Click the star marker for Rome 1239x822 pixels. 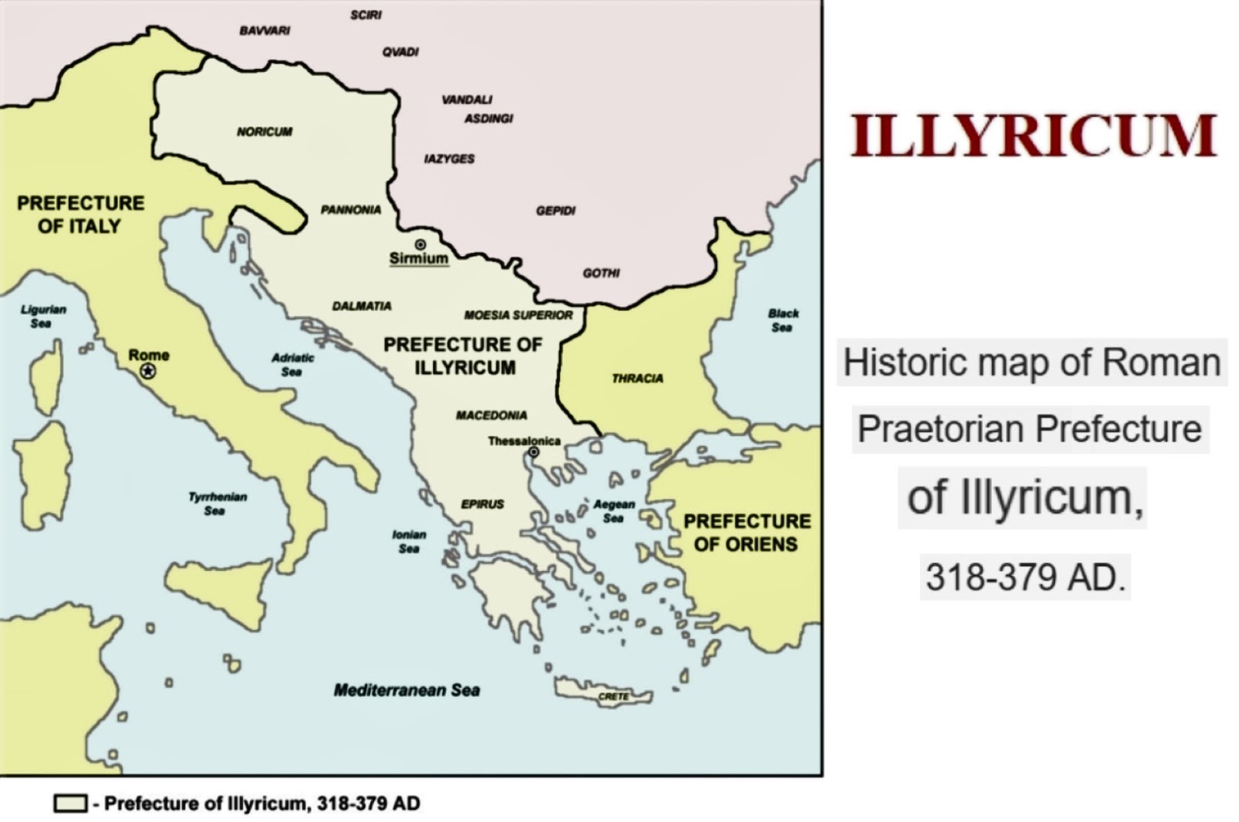[147, 371]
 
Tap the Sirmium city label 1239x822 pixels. [418, 258]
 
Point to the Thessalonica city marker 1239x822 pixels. [534, 452]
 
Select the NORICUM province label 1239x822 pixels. [265, 132]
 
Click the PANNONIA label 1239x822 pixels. [351, 210]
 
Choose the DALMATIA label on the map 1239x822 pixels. [362, 306]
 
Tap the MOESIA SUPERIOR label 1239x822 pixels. [518, 315]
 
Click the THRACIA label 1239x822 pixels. [637, 379]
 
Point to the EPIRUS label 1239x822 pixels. [482, 504]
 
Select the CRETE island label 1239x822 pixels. [613, 696]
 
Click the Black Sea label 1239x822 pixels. [783, 320]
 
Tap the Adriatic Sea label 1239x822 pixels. [292, 365]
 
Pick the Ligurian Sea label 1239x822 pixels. [43, 316]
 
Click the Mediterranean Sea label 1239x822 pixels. [407, 690]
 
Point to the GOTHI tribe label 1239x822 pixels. [601, 273]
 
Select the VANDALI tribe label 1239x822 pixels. [467, 100]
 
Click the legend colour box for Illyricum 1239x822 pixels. [70, 803]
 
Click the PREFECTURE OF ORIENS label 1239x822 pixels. [746, 533]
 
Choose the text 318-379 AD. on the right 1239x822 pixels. [1024, 576]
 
